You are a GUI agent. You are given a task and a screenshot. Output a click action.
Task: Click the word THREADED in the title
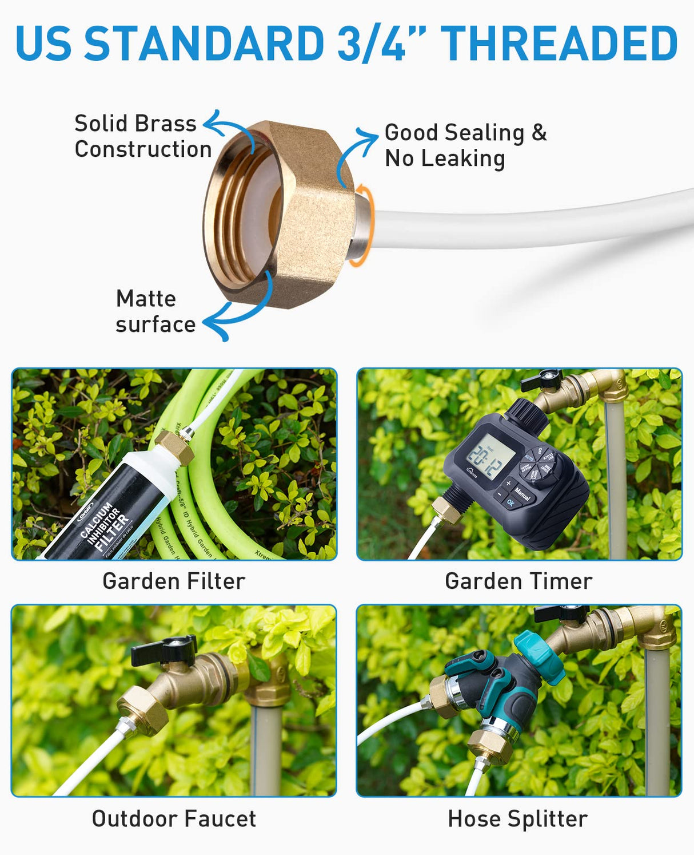(x=559, y=43)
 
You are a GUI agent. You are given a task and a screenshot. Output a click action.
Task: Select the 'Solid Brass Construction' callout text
(x=142, y=136)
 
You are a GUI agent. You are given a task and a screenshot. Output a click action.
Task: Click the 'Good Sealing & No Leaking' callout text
(x=465, y=145)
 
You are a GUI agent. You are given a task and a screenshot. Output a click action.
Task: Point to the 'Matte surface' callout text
(x=155, y=311)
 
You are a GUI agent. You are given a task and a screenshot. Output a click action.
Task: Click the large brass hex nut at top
(x=280, y=215)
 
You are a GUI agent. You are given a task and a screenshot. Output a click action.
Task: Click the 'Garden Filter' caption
(x=174, y=581)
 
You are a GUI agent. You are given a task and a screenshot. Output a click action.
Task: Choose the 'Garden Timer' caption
(x=518, y=581)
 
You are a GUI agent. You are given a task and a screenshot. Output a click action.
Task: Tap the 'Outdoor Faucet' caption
(x=174, y=819)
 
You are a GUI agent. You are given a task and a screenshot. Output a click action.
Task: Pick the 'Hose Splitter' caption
(x=518, y=819)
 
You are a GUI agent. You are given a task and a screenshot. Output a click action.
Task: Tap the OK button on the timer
(x=510, y=503)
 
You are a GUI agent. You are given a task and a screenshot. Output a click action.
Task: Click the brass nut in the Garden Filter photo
(x=174, y=448)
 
